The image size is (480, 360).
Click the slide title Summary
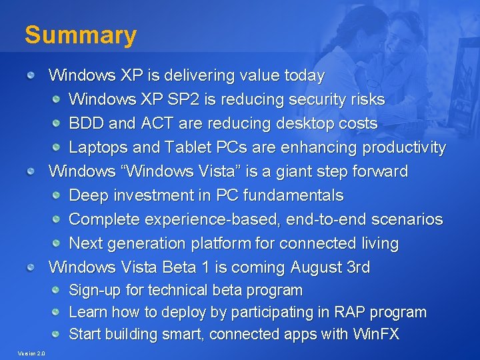pyautogui.click(x=80, y=35)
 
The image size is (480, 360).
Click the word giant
pyautogui.click(x=303, y=171)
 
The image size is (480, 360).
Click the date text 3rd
pyautogui.click(x=359, y=267)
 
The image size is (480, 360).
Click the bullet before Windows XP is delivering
pyautogui.click(x=31, y=76)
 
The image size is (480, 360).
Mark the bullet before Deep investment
pyautogui.click(x=57, y=195)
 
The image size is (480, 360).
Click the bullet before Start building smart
pyautogui.click(x=57, y=334)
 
